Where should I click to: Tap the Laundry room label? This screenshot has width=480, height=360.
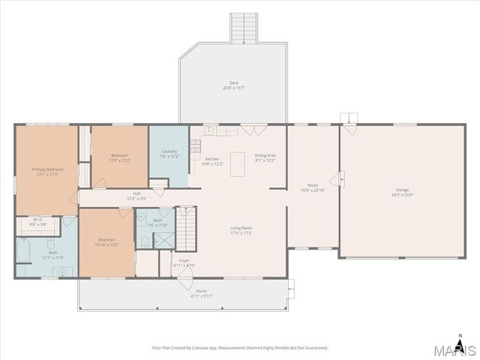[169, 154]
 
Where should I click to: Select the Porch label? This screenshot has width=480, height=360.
[202, 293]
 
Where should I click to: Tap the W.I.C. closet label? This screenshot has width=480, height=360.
[37, 222]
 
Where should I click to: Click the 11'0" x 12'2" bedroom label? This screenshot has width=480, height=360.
[120, 157]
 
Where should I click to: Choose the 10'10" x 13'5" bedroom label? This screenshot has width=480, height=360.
[107, 242]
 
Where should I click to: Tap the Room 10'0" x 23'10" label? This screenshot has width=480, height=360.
[313, 187]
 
